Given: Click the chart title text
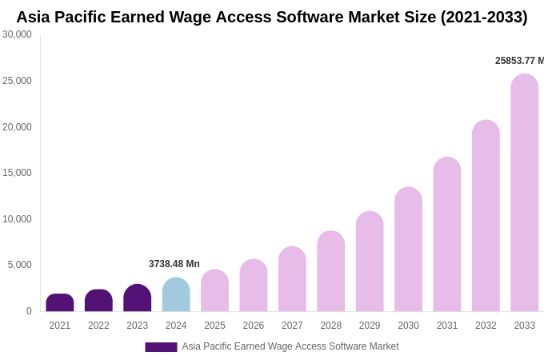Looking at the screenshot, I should click(272, 17).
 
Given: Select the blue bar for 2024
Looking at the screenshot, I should click(176, 295).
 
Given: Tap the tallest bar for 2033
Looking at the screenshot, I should click(524, 193).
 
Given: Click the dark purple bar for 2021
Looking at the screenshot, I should click(60, 303).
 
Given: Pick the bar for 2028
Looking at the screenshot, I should click(330, 271).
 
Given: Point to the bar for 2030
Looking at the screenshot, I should click(408, 250).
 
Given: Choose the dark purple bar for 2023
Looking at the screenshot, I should click(138, 298).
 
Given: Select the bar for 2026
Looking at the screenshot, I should click(254, 286).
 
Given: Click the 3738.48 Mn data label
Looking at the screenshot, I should click(174, 264).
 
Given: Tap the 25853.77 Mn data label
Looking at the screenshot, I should click(519, 61).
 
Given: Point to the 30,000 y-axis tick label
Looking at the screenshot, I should click(17, 34).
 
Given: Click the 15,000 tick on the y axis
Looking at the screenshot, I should click(17, 173).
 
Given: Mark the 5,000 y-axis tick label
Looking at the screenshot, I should click(20, 265).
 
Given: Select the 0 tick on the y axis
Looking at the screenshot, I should click(29, 311).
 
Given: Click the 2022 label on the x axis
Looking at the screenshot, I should click(98, 326).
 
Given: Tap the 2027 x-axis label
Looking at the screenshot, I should click(292, 326).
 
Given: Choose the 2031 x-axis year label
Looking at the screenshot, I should click(447, 326).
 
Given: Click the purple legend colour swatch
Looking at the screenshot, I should click(161, 347).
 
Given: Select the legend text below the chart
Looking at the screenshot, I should click(290, 346).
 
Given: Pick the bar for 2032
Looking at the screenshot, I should click(486, 216).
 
